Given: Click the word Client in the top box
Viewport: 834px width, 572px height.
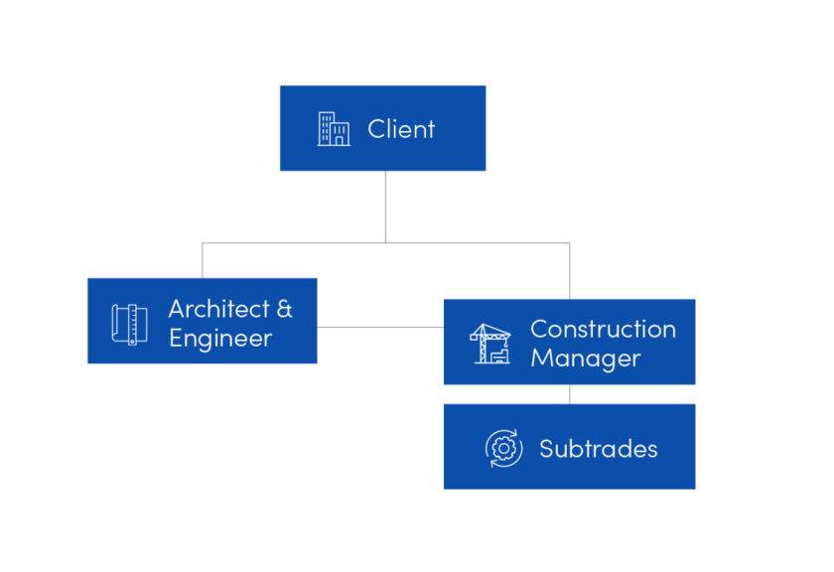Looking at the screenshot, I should [401, 129].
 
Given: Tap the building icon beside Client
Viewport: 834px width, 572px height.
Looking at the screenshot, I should [334, 129].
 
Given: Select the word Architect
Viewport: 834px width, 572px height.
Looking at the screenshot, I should [218, 309].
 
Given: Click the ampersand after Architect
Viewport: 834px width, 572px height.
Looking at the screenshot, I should [284, 309].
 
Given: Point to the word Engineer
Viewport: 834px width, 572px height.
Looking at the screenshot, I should [220, 339].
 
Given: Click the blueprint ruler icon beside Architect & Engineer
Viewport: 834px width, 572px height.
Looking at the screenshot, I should [129, 324].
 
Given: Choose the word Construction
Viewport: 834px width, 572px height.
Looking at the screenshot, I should [603, 329].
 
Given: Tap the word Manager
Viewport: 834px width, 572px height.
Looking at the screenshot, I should [585, 358].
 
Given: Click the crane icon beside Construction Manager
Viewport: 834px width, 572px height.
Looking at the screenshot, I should [489, 344].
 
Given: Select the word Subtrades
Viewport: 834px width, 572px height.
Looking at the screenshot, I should [598, 449].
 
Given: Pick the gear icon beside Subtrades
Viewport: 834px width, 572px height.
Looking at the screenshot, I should [503, 449].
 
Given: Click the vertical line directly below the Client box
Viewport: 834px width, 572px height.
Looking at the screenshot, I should [386, 206].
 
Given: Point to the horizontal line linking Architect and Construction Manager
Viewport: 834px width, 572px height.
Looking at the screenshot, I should [379, 327].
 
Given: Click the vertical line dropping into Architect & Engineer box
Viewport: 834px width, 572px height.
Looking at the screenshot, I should [203, 260].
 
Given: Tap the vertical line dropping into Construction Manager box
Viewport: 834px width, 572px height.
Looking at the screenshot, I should [569, 270].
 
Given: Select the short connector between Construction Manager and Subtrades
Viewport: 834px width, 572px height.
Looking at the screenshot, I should [569, 394].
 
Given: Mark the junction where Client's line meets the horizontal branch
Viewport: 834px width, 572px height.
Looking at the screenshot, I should [386, 241].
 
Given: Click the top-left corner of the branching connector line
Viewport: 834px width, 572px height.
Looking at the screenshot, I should [203, 242].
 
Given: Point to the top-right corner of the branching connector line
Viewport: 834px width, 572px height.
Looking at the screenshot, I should [569, 242].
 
